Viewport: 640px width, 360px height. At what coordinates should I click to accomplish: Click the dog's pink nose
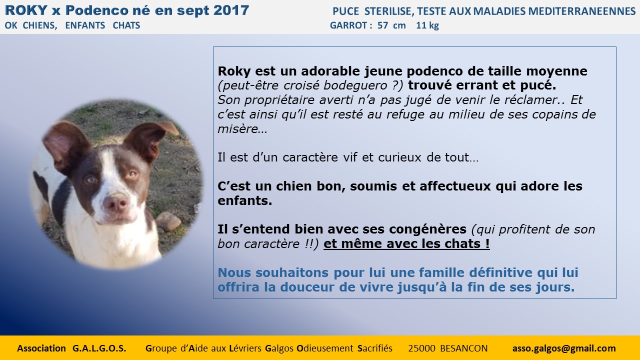[x=115, y=202]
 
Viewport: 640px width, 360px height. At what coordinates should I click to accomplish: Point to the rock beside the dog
[x=168, y=221]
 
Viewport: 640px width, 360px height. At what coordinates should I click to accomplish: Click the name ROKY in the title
[x=26, y=10]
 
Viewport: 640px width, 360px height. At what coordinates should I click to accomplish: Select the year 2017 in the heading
[x=231, y=10]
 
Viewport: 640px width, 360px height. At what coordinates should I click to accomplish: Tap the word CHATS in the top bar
[x=126, y=25]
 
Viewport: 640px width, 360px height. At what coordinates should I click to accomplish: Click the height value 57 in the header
[x=382, y=25]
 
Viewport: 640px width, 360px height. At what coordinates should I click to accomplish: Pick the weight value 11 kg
[x=427, y=25]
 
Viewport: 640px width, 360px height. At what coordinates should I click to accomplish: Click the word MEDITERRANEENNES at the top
[x=582, y=11]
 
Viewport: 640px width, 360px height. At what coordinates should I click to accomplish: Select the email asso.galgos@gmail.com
[x=564, y=348]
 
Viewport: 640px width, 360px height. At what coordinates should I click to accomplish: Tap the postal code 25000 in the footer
[x=421, y=348]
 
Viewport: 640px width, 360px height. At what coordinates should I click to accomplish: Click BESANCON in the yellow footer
[x=464, y=348]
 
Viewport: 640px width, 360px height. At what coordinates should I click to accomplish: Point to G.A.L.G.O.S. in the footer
[x=99, y=348]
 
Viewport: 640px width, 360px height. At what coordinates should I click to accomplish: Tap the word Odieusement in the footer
[x=325, y=348]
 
